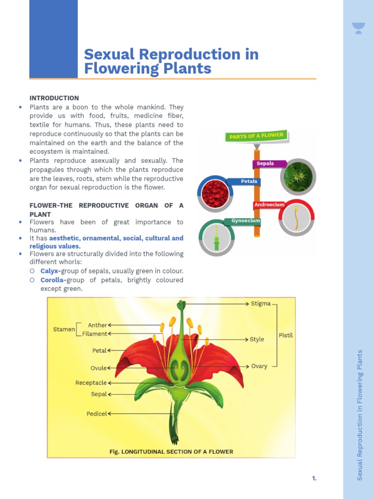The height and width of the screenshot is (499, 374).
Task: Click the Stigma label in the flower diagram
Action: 261,304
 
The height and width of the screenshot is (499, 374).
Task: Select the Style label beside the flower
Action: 257,339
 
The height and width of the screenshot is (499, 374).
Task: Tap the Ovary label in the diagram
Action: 259,366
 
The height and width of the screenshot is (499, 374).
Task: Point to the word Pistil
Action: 285,335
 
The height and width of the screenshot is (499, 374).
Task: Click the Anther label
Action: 97,325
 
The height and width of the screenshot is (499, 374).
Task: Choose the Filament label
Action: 94,334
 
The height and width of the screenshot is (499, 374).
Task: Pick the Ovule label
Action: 98,368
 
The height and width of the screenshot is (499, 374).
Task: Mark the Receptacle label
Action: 91,383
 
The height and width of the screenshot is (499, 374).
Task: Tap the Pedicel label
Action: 96,414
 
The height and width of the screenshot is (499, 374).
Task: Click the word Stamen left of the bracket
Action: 64,329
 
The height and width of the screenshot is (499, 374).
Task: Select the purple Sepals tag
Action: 266,164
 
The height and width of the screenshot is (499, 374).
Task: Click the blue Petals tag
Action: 249,181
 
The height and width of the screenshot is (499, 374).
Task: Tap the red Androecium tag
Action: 269,205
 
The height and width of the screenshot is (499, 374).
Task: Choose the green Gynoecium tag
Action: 245,221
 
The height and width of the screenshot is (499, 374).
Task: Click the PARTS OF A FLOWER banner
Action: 256,136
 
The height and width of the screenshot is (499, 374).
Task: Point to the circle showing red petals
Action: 215,193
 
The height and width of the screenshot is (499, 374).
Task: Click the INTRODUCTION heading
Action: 54,98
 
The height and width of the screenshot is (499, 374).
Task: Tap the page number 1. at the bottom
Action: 314,479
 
